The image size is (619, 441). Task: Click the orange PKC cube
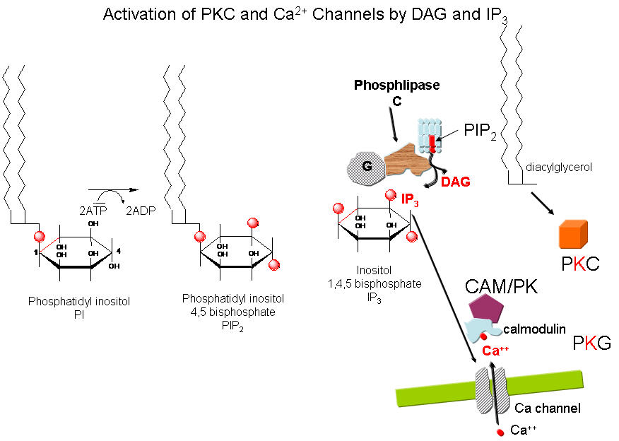pos(574,234)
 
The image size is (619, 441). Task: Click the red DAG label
pos(456,182)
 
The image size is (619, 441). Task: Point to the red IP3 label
pos(410,201)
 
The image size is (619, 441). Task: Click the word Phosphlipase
pos(396,86)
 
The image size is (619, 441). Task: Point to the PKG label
pos(592,344)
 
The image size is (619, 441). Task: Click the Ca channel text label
pos(548,408)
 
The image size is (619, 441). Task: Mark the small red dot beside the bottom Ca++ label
pos(500,430)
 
